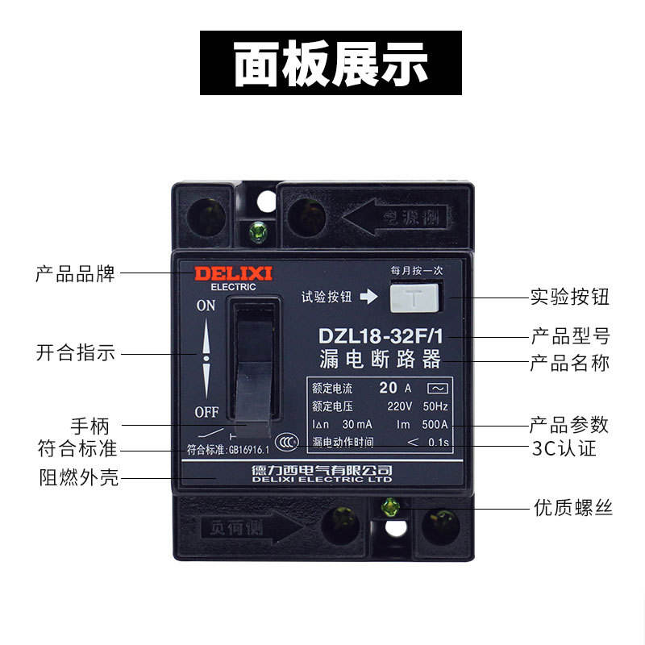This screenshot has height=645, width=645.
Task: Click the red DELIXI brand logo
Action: point(233,273)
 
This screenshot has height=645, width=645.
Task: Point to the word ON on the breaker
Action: point(206,306)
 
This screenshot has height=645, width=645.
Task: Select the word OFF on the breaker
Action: point(206,412)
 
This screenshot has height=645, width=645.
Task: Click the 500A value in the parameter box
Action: point(435,424)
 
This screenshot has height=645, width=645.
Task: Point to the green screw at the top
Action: point(260,231)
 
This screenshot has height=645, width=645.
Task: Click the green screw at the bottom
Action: point(390,507)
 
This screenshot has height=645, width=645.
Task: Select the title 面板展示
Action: point(331,63)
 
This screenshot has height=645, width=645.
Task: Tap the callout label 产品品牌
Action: point(76,273)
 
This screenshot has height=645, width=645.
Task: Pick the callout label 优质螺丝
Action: point(573,508)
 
